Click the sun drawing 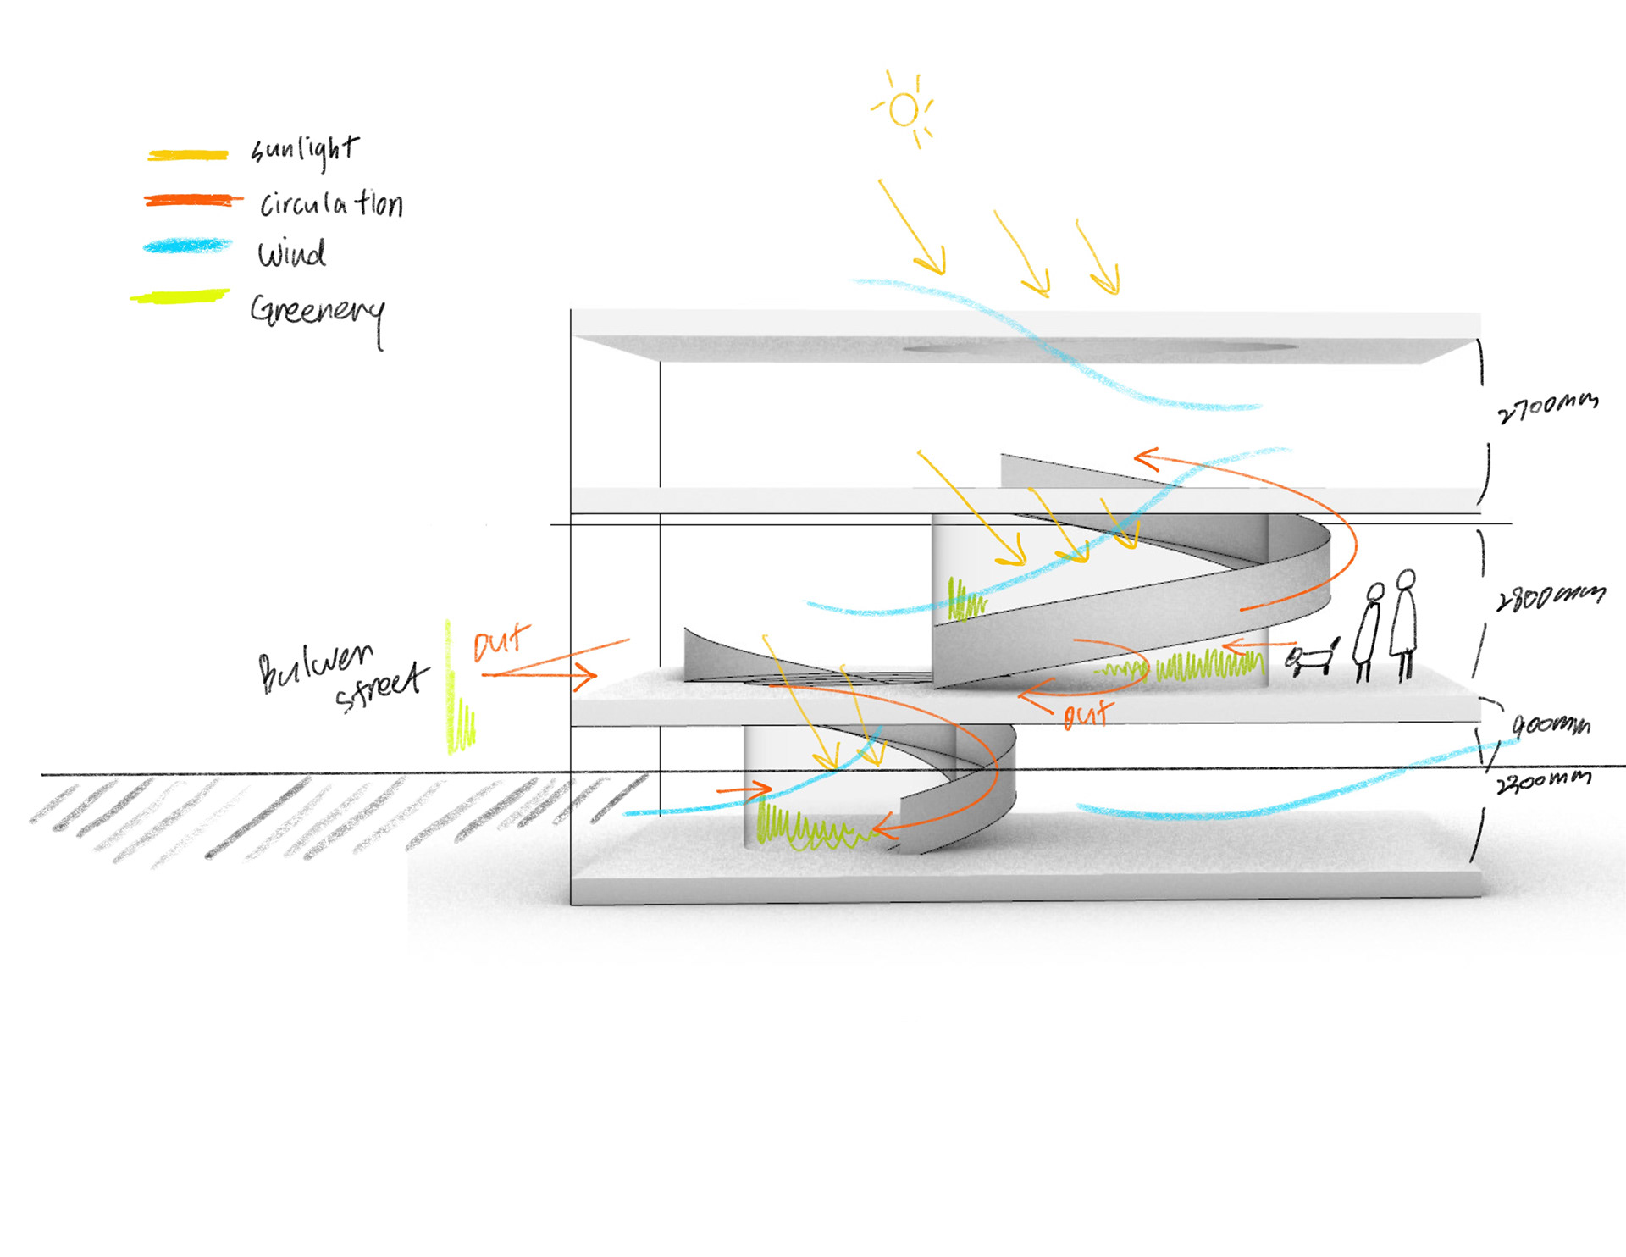coord(904,109)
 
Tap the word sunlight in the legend coord(305,150)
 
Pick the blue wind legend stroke coord(188,246)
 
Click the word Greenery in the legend coord(318,313)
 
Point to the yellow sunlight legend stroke coord(188,155)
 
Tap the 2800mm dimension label coord(1550,597)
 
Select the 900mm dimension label coord(1551,725)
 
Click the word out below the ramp coord(1087,714)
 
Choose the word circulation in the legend coord(331,204)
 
